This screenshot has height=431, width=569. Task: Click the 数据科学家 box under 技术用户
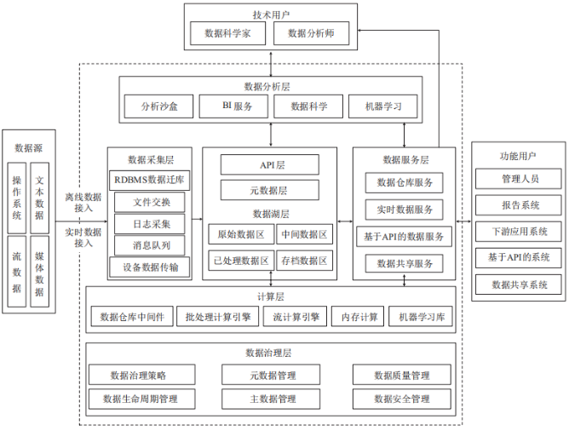[228, 33]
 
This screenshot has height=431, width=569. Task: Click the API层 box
[270, 164]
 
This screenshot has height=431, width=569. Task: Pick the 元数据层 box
[270, 189]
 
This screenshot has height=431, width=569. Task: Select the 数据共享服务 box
[405, 263]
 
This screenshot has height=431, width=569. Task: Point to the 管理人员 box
[519, 180]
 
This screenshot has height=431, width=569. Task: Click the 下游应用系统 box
[519, 232]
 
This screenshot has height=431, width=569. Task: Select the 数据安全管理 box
[401, 399]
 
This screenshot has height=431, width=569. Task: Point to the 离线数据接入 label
[83, 203]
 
